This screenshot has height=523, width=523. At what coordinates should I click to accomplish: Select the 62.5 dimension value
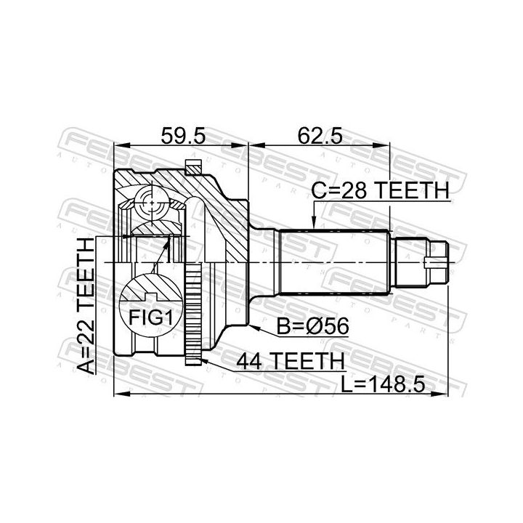coord(320,136)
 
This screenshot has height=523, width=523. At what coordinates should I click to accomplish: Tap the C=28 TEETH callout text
coord(380,190)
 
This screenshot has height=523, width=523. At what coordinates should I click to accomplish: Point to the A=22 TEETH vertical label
coord(86,306)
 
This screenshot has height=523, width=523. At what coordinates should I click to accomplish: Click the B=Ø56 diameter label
coord(313,326)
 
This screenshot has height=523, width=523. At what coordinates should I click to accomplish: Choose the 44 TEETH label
coord(290,360)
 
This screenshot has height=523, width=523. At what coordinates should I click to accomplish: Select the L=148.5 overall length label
coord(383,384)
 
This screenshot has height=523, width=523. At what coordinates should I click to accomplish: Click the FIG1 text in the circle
coord(151,317)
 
